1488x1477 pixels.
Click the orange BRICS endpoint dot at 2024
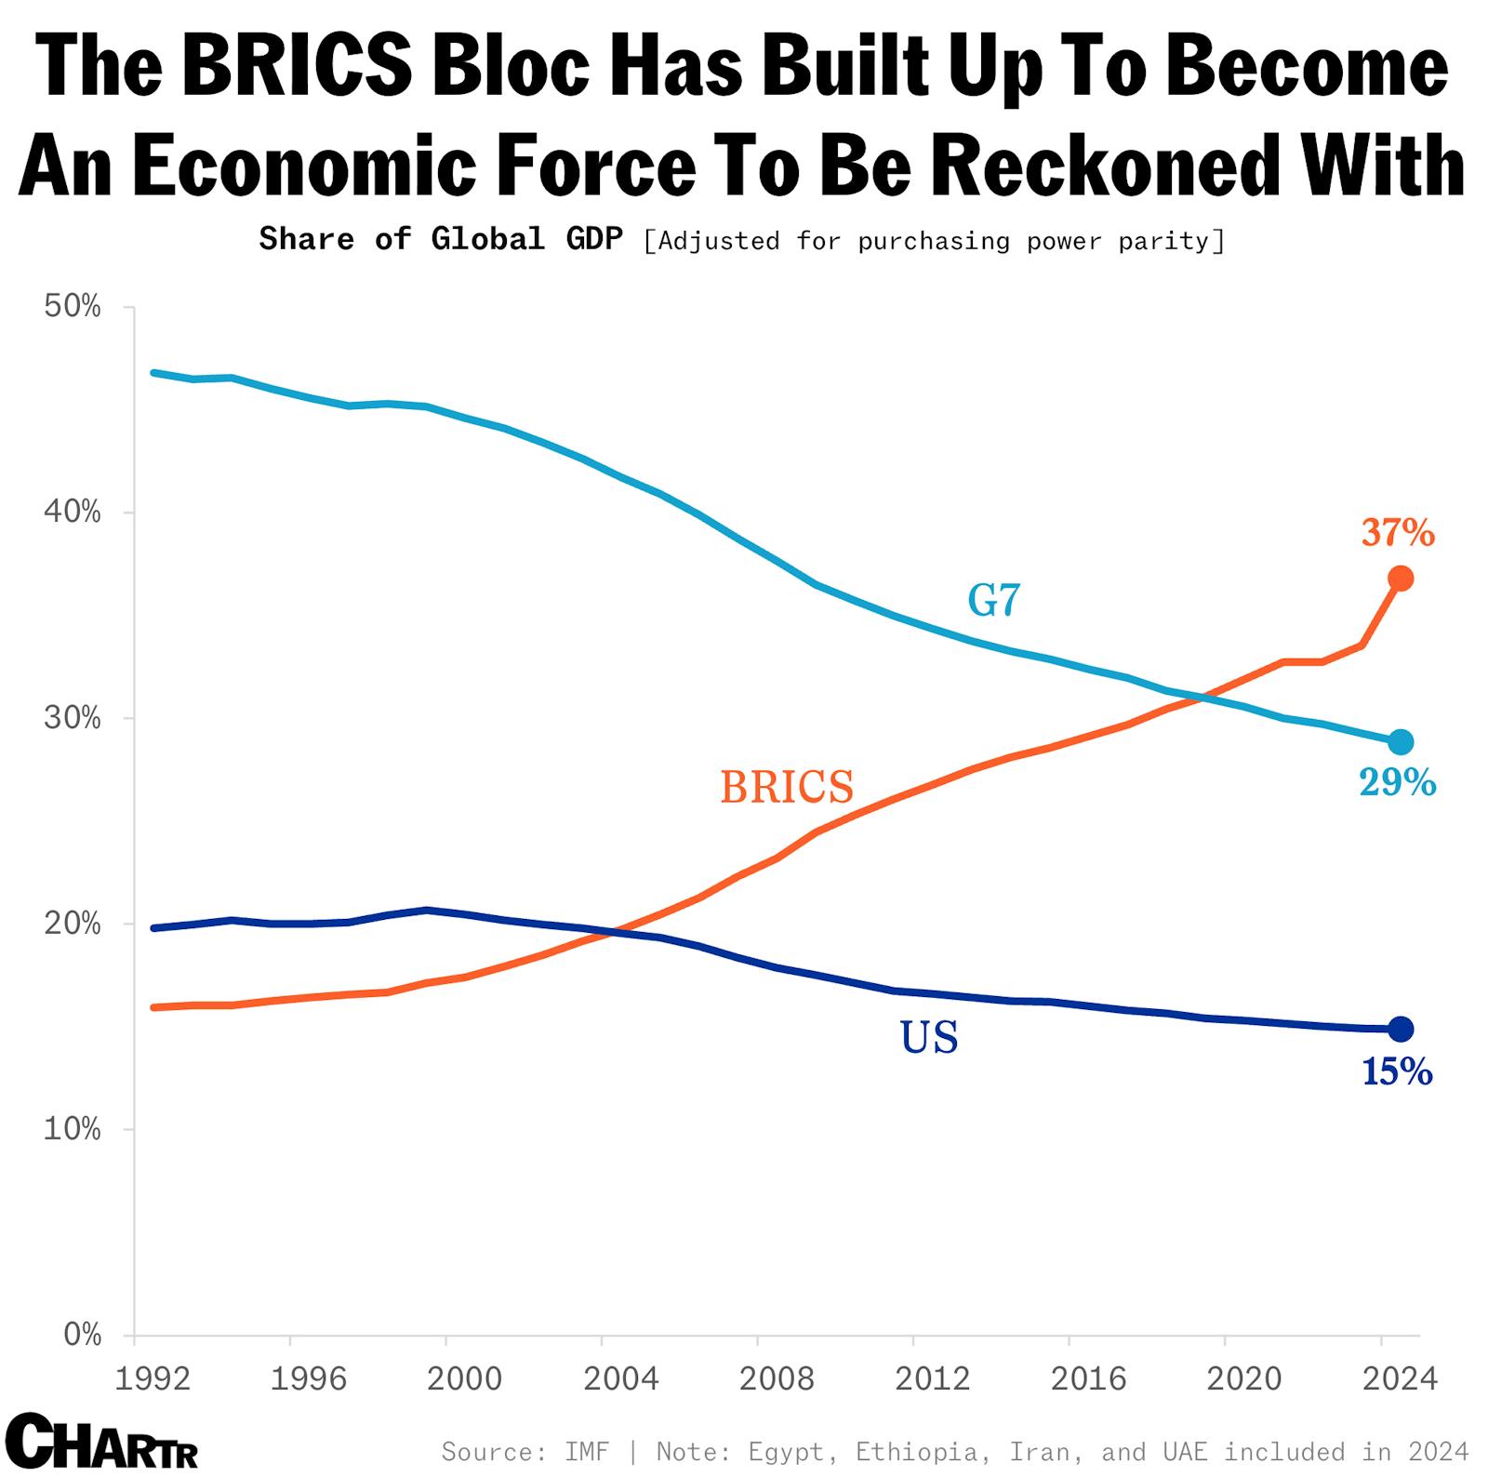coord(1401,579)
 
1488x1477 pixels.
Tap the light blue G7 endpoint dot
coord(1401,742)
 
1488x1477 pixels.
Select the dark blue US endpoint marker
coord(1401,1029)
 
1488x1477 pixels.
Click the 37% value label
coord(1398,533)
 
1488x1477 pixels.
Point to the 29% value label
coord(1398,783)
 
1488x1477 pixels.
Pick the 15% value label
coord(1397,1072)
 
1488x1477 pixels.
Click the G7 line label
coord(994,601)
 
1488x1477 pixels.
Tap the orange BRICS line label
coord(787,788)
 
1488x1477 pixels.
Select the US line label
coord(929,1037)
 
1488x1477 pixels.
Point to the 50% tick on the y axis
coord(73,307)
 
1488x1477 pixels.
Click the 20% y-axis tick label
coord(73,924)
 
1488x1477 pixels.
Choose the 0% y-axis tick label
coord(82,1335)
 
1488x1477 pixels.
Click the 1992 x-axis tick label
coord(153,1378)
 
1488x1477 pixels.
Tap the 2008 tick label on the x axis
coord(776,1378)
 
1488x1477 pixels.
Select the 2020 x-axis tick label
coord(1243,1378)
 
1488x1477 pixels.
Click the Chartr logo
coord(102,1441)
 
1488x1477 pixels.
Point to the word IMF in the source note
coord(587,1451)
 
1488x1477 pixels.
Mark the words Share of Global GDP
coord(441,239)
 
